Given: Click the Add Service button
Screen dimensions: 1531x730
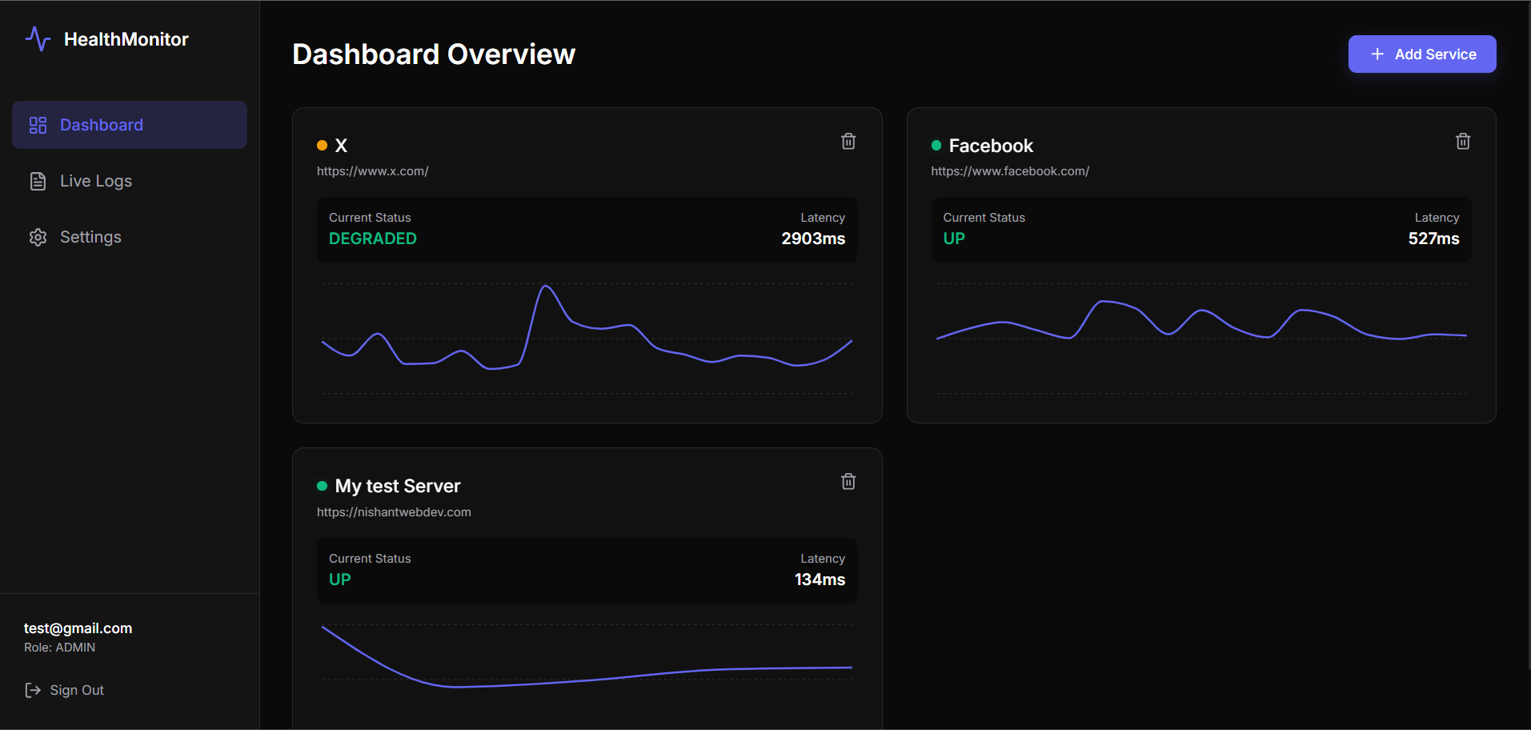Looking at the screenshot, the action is [x=1422, y=54].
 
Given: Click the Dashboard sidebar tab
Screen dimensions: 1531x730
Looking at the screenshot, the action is [x=130, y=125].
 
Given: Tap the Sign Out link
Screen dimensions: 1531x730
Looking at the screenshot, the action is [x=65, y=690].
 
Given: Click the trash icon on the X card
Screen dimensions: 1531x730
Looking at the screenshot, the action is [x=848, y=142].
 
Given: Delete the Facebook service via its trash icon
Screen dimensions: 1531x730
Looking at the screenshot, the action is [x=1463, y=142].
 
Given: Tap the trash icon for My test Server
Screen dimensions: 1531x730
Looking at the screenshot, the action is [x=848, y=482].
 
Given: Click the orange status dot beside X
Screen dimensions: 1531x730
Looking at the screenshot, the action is [x=322, y=146].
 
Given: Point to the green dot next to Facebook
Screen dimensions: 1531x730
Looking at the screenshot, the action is [x=936, y=146].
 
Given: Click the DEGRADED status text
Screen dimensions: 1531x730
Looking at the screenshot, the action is [x=373, y=239].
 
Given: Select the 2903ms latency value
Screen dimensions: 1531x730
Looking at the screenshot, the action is [x=813, y=239].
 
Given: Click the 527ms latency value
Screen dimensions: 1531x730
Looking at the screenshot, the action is [x=1434, y=239].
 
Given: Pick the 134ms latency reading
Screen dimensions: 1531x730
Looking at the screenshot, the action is [x=820, y=580].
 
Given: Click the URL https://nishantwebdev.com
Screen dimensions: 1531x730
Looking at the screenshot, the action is [x=394, y=512].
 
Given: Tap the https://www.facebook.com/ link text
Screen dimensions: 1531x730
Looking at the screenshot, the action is [x=1010, y=171].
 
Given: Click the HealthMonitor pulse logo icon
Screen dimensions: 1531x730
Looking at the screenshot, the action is [x=38, y=38].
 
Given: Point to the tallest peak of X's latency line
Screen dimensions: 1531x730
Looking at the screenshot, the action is [x=546, y=286].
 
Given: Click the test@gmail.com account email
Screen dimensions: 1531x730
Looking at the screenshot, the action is [x=78, y=628].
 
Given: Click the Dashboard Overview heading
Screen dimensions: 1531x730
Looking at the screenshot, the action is [x=434, y=54].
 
